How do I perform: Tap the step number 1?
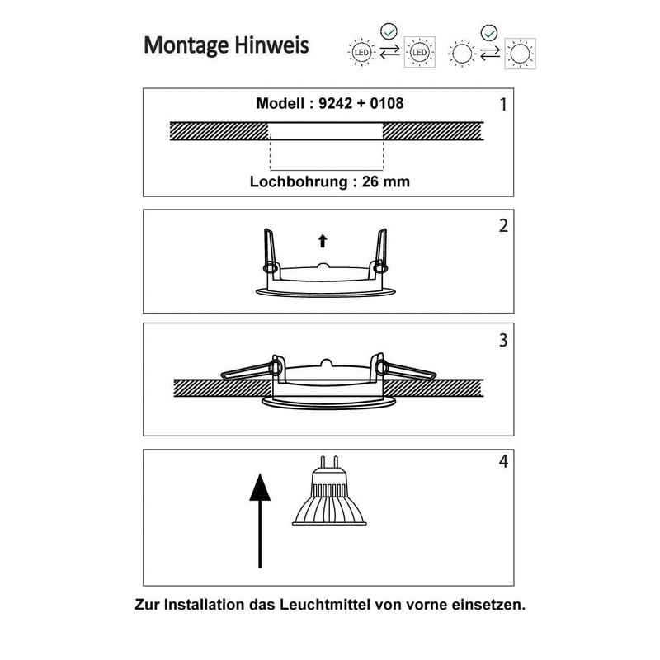[x=503, y=105]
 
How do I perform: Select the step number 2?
[x=503, y=225]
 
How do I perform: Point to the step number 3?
[x=503, y=339]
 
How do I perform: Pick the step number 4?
[x=503, y=461]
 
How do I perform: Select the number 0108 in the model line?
[x=386, y=104]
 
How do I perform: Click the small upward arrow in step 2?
[x=323, y=240]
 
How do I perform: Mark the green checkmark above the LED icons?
[x=390, y=32]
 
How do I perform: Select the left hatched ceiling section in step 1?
[x=219, y=130]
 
